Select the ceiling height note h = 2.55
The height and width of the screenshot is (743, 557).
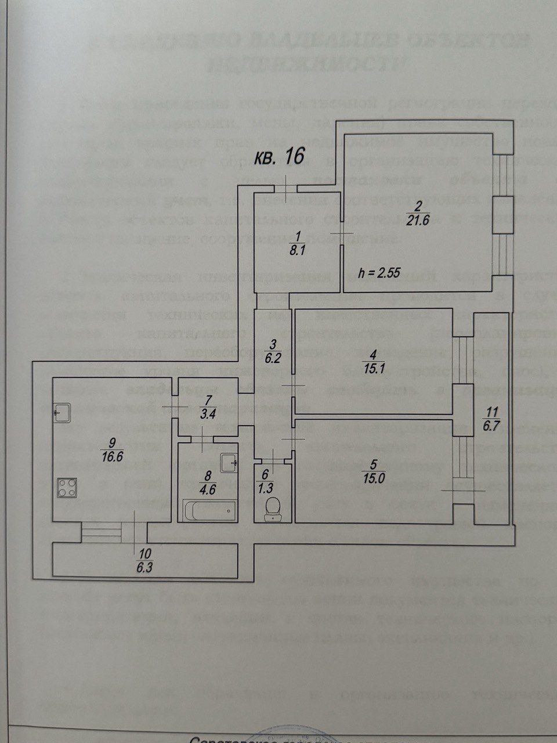379,273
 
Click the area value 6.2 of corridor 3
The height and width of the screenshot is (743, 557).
273,358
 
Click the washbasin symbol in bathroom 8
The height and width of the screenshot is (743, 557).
229,462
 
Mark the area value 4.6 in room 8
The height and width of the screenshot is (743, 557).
207,489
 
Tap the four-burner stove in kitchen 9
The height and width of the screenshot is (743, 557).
67,487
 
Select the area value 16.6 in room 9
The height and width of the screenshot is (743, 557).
111,456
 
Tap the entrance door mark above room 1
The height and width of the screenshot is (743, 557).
286,187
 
